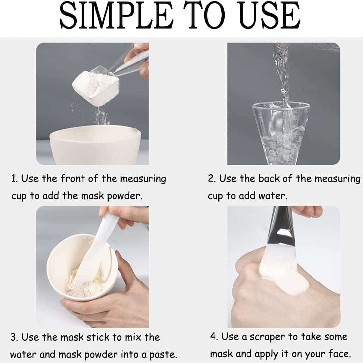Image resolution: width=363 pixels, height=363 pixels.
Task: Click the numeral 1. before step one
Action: tap(14, 179)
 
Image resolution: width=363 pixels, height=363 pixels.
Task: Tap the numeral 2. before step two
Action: tap(212, 179)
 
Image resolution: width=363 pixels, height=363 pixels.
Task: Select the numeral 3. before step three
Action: tap(14, 337)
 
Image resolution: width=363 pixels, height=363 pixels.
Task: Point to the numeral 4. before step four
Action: tap(214, 336)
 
